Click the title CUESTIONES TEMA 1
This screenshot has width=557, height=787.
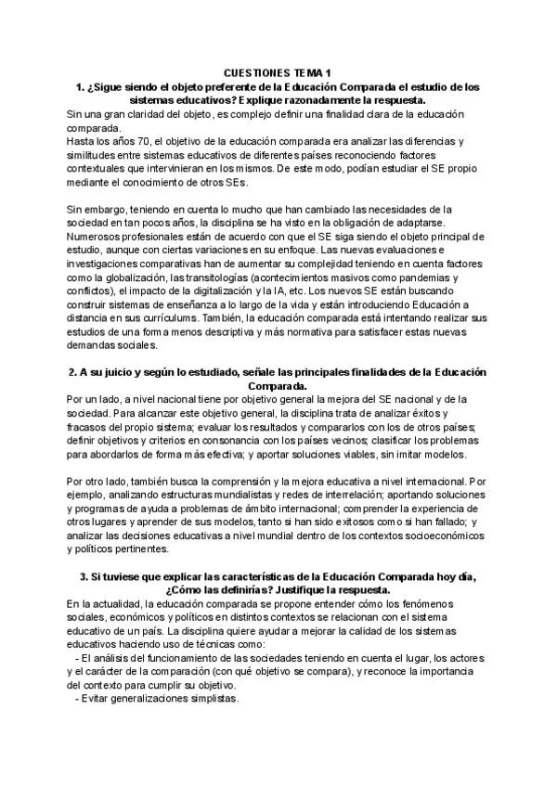click(278, 73)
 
